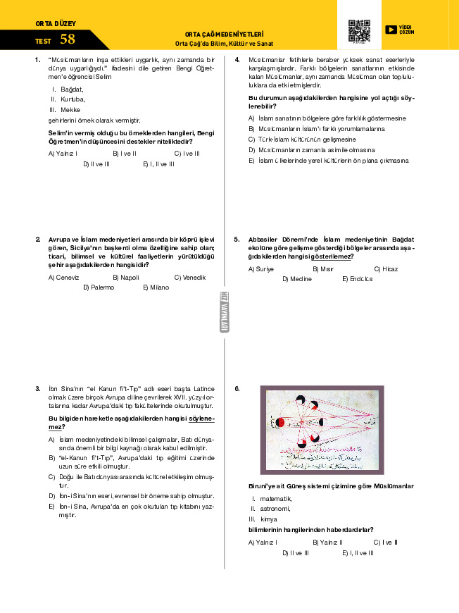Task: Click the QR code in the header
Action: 359,31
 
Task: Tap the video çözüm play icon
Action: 391,30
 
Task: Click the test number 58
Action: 68,39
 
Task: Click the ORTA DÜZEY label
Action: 55,23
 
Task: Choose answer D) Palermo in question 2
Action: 98,287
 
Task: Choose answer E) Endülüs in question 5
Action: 357,279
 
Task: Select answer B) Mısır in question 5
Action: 322,269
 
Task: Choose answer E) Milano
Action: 156,287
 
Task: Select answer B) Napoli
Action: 125,278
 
